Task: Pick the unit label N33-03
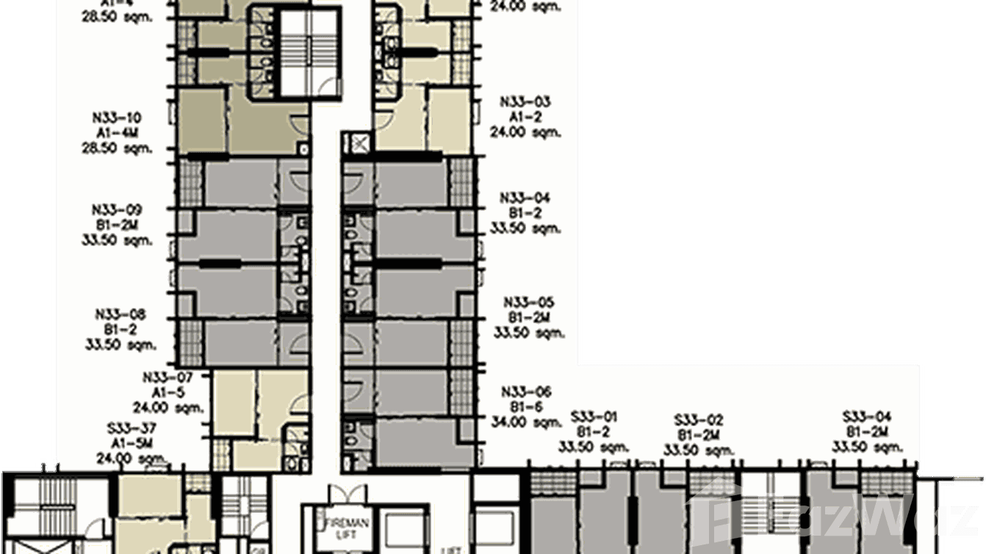coord(525,102)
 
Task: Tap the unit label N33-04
coord(525,198)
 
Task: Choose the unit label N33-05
coord(528,303)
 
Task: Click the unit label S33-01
coord(593,417)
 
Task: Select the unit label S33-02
coord(699,420)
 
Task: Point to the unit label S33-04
coord(867,417)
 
